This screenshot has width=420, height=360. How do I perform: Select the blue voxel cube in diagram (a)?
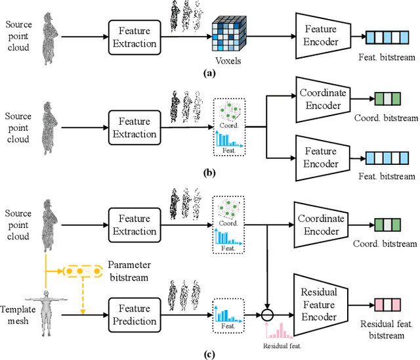(227, 34)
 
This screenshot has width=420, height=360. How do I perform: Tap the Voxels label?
(227, 60)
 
